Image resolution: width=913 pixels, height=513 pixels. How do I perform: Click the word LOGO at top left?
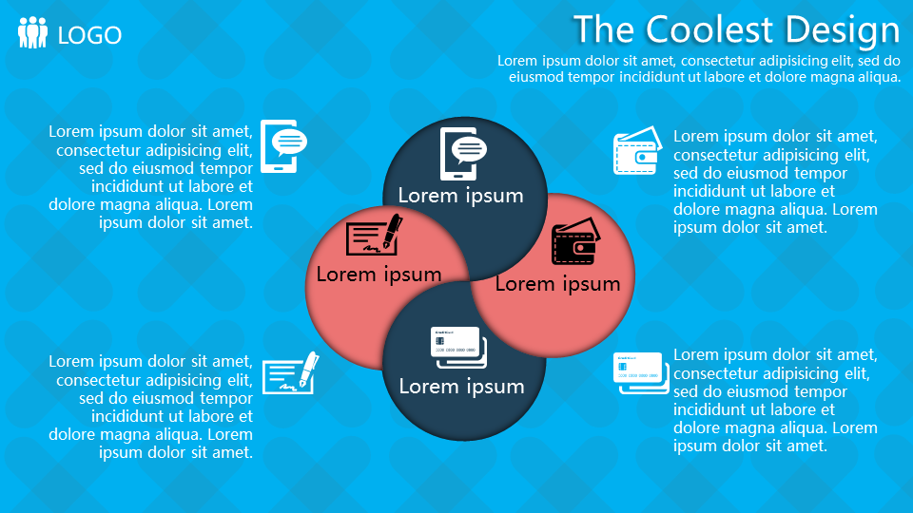tap(89, 35)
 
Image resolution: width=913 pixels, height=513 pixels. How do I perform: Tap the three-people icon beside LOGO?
tap(32, 33)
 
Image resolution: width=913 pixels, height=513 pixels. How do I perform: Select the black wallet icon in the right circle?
tap(575, 244)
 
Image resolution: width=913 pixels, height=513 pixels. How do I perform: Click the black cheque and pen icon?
tap(374, 234)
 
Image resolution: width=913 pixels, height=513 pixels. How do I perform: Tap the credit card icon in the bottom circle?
tap(457, 348)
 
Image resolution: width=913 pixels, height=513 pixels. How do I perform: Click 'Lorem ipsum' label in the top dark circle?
tap(460, 196)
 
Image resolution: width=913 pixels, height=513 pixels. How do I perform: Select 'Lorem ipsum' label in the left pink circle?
tap(379, 275)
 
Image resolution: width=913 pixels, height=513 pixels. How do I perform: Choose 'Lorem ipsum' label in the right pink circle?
tap(557, 283)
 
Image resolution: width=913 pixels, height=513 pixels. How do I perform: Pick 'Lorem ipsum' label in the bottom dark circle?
tap(461, 387)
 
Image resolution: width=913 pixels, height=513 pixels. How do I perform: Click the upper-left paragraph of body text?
tap(151, 177)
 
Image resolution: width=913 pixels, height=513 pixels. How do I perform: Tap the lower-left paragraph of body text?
tap(151, 407)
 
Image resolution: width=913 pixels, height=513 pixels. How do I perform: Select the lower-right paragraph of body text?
tap(774, 400)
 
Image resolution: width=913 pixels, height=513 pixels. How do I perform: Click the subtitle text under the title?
tap(699, 68)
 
